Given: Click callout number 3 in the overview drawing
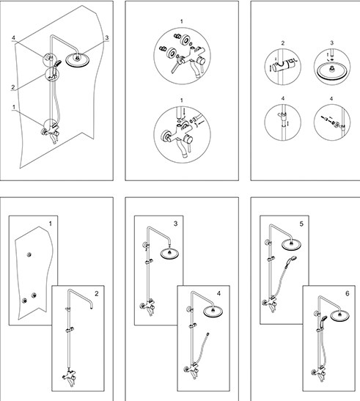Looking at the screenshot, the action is (x=107, y=38).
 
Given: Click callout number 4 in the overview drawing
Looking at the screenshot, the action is (x=13, y=38).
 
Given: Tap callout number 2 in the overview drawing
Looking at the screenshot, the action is (x=13, y=87).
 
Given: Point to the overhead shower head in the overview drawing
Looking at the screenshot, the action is (x=77, y=60).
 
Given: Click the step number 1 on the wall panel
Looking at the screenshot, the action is (x=51, y=224).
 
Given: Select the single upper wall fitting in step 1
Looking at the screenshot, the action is (x=29, y=254).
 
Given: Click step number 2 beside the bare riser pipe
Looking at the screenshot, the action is (x=97, y=293).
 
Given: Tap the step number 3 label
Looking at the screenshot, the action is (x=175, y=224).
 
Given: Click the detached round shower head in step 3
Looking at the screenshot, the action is (x=169, y=254).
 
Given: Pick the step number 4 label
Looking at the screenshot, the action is (x=218, y=293).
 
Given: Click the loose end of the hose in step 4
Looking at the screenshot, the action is (x=207, y=334).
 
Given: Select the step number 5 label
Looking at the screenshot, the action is (x=301, y=224).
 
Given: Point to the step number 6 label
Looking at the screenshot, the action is (x=348, y=293).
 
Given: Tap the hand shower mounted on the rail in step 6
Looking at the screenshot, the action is (x=323, y=320).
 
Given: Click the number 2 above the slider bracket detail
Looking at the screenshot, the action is (x=283, y=43).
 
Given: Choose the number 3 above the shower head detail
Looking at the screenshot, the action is (x=332, y=43).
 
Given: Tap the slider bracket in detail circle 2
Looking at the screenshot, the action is (x=284, y=66).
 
